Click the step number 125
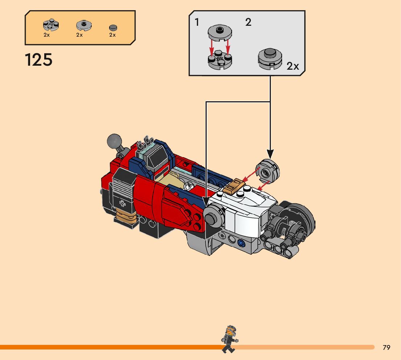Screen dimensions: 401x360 tap(39, 60)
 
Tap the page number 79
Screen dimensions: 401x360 tap(386, 348)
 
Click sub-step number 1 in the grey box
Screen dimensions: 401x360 tap(197, 22)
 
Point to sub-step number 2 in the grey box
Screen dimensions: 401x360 tap(248, 22)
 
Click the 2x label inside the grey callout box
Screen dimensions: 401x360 tap(293, 66)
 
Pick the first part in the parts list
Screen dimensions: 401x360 tap(51, 25)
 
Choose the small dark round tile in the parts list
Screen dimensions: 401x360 tap(113, 28)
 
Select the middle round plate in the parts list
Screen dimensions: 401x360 tap(83, 25)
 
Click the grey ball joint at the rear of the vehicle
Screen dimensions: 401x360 tap(115, 140)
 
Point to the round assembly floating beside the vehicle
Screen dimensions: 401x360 tap(268, 170)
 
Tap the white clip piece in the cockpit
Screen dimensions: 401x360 tap(187, 186)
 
